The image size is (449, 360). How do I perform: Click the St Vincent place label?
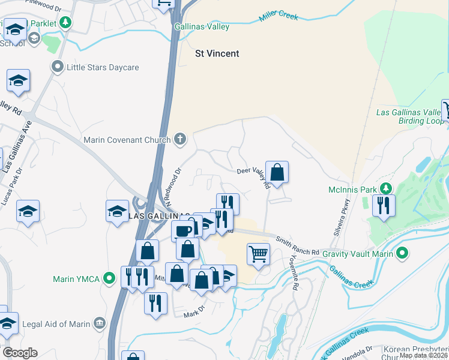[217, 53]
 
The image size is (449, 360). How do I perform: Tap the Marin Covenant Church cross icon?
[179, 140]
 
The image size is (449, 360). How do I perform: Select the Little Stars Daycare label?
[103, 67]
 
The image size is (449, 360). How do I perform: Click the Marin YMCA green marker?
[109, 278]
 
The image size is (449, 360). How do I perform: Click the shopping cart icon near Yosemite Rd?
[258, 254]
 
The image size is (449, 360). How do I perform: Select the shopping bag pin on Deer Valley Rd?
[277, 172]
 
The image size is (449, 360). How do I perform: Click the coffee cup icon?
[182, 230]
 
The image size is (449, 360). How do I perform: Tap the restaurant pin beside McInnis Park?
[382, 205]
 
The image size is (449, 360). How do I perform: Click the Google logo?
[20, 353]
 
